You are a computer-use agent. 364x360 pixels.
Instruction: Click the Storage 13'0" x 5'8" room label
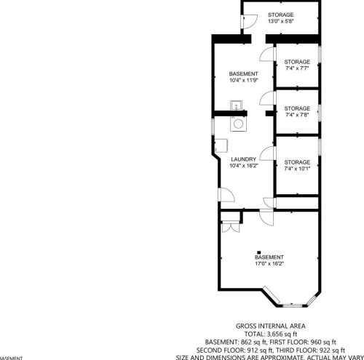(280, 18)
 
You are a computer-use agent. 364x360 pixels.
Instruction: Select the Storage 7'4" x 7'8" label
(297, 111)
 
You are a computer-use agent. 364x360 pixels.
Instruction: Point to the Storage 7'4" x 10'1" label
(297, 165)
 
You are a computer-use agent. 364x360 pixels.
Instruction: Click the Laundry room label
(243, 163)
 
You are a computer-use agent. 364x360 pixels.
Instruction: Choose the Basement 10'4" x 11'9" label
(243, 78)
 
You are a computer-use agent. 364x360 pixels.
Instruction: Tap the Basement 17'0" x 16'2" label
(269, 260)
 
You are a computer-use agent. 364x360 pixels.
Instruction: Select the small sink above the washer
(237, 108)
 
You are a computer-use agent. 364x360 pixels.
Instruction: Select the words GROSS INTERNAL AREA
(271, 326)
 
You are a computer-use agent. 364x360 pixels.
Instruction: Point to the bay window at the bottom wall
(290, 300)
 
